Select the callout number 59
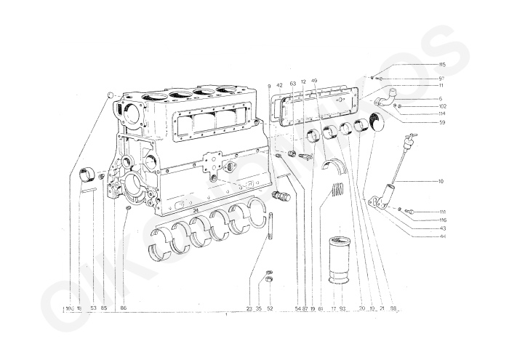coord(441,122)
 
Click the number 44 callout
coord(443,237)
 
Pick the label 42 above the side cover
coord(279,86)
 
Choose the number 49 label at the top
coord(314,81)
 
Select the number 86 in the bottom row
coord(123,308)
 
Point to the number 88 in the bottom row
coord(393,308)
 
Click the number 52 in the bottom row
coord(270,308)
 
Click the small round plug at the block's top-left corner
coord(111,95)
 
